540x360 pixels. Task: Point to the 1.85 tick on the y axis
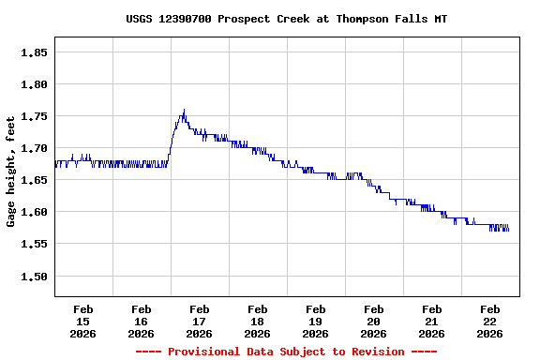[34, 52]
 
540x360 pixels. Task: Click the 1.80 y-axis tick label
[34, 84]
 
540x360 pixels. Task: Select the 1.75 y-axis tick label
[34, 116]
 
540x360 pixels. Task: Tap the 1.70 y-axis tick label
[34, 148]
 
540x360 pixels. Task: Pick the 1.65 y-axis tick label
[34, 180]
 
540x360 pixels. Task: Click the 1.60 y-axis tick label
[34, 212]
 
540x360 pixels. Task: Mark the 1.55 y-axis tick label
[34, 244]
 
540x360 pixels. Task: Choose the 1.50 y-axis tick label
[34, 276]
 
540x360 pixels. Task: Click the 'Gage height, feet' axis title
[11, 172]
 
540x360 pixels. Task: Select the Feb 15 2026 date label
[82, 321]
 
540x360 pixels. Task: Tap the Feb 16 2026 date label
[141, 321]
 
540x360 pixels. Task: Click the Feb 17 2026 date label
[199, 321]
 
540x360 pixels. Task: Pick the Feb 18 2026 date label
[257, 321]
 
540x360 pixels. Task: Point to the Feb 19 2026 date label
[315, 321]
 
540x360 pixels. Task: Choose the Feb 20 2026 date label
[373, 321]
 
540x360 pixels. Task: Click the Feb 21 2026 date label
[431, 321]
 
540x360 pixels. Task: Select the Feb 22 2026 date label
[489, 321]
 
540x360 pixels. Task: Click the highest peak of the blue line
[184, 110]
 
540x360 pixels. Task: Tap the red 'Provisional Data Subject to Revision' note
[286, 352]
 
